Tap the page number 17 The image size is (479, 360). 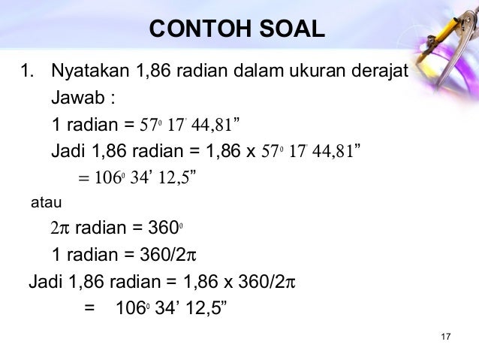coord(445,334)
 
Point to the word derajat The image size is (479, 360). coord(378,74)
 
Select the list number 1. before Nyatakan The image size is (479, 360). coord(28,74)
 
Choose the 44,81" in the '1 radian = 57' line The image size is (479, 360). coord(219,124)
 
